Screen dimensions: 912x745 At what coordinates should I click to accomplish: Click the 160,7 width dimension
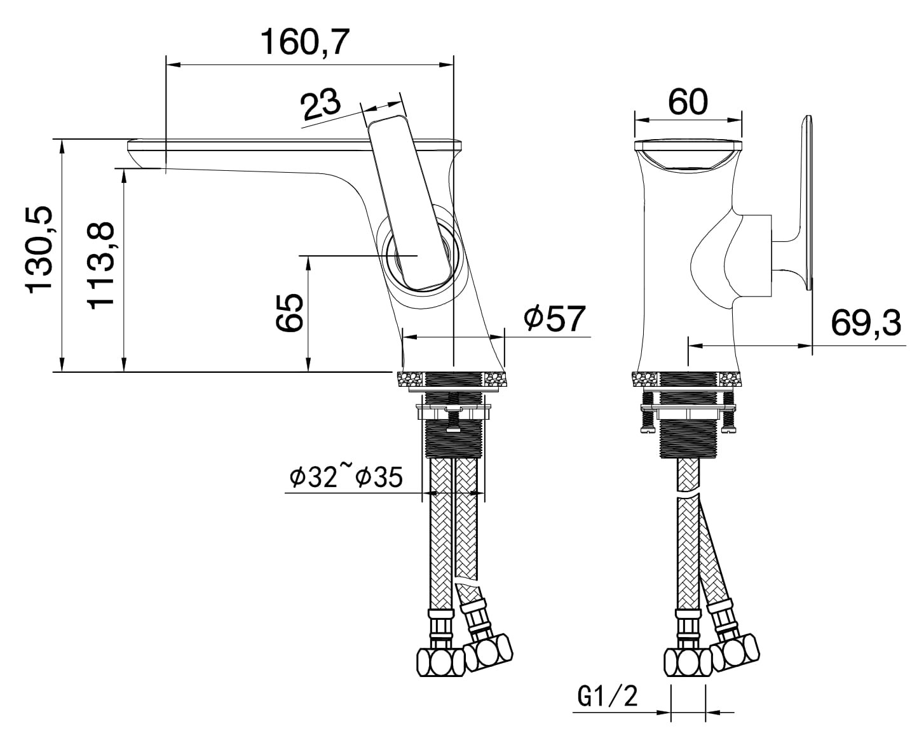point(305,42)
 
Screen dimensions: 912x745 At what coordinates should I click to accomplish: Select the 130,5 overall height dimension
point(40,250)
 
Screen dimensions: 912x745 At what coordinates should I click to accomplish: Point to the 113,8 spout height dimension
point(101,265)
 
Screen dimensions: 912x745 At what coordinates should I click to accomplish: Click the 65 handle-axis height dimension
point(289,313)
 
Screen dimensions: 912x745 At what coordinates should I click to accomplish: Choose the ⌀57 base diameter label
point(554,318)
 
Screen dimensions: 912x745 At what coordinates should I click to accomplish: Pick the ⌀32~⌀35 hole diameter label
point(346,476)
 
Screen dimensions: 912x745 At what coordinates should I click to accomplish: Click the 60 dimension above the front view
point(688,102)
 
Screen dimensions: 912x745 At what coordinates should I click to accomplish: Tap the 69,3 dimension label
point(866,323)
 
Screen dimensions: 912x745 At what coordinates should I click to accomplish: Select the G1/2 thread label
point(608,697)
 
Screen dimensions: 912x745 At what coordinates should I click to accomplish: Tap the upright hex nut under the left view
point(440,662)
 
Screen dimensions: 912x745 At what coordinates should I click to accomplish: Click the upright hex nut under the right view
point(688,662)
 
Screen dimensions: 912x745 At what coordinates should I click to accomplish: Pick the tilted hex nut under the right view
point(735,651)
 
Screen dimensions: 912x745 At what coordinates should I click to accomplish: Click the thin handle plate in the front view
point(806,203)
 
